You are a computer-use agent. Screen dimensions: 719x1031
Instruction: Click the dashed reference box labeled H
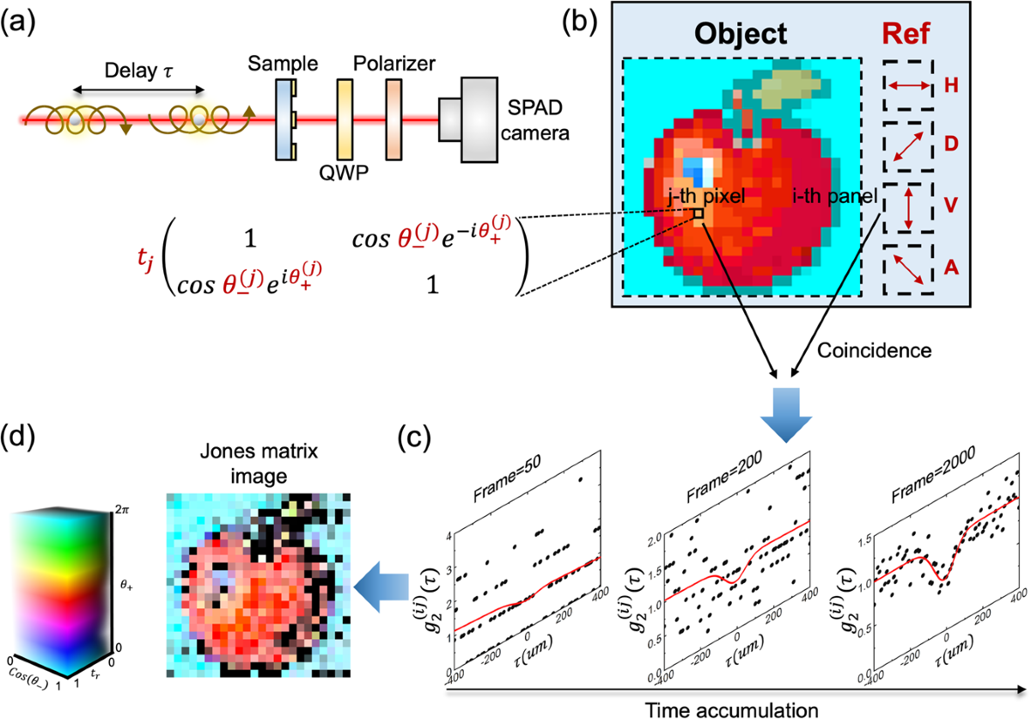coord(907,85)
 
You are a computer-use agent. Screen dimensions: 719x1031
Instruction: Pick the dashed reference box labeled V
coord(907,207)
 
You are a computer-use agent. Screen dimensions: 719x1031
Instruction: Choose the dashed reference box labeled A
coord(907,269)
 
